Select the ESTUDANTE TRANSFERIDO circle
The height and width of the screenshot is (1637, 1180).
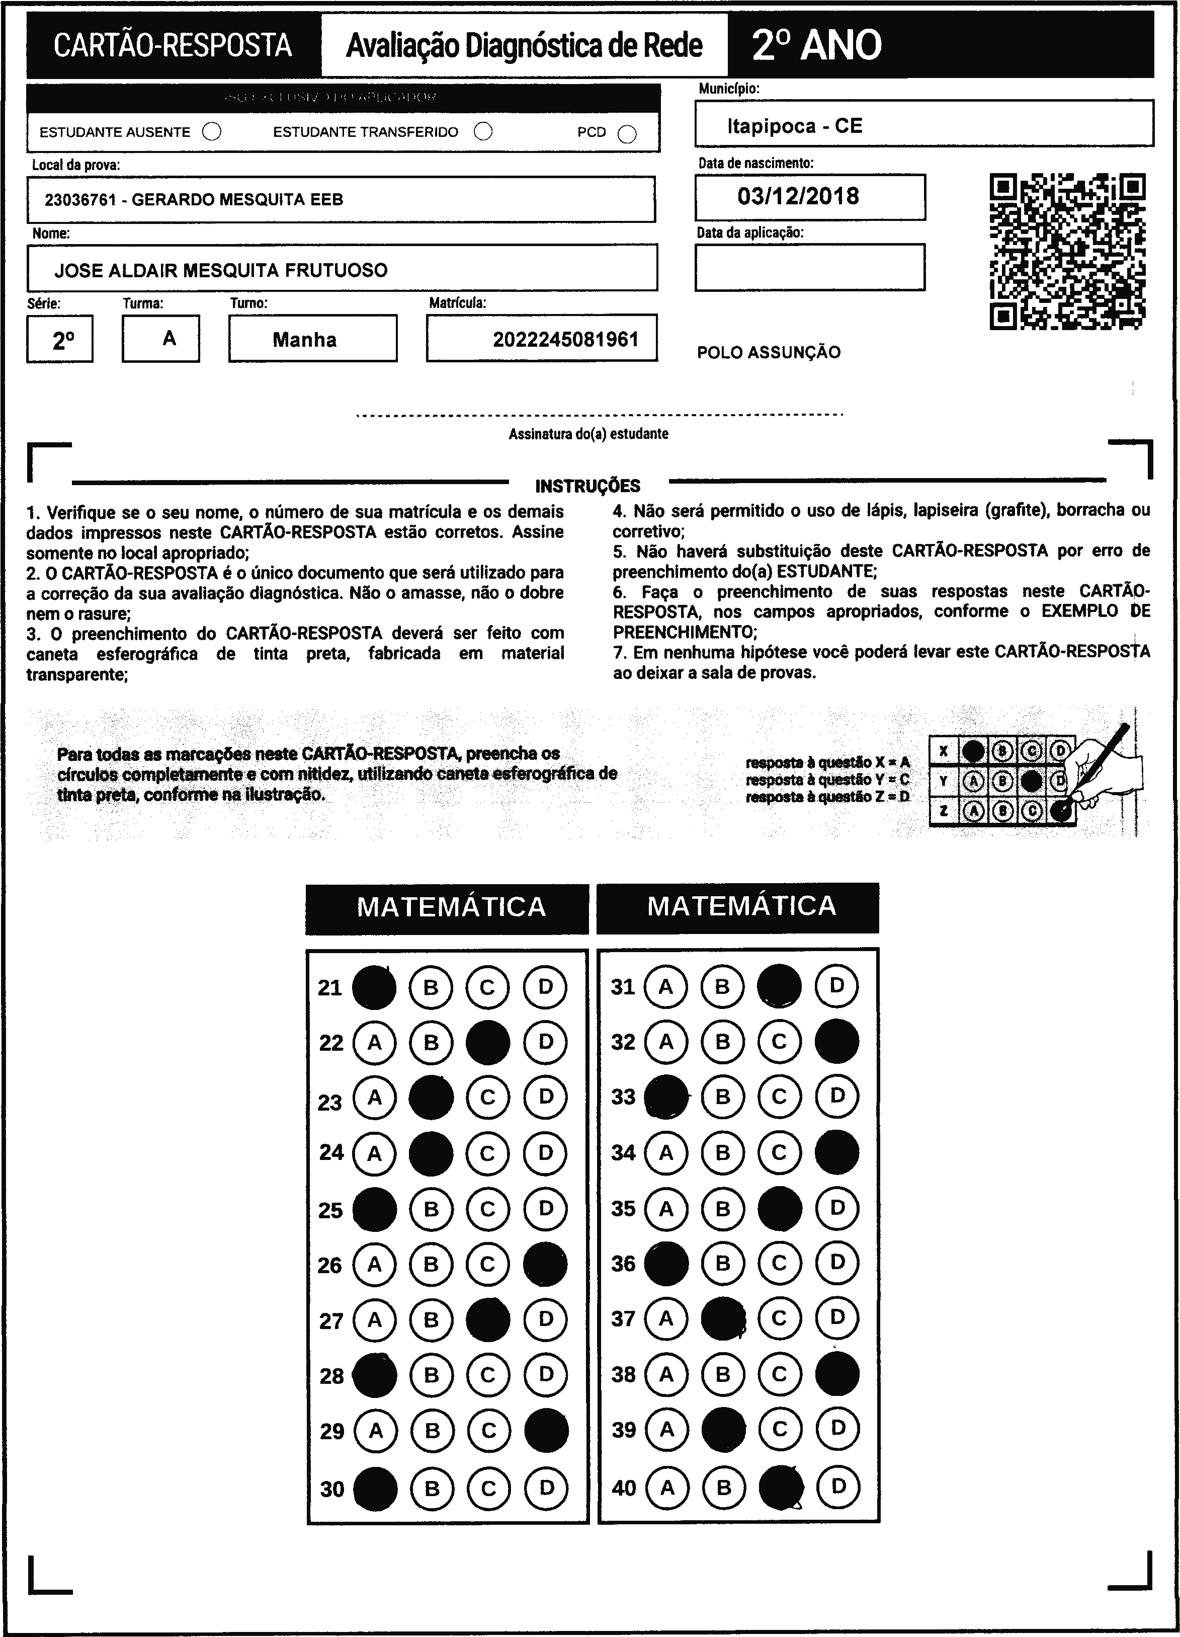click(x=483, y=131)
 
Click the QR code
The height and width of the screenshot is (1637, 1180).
click(x=1067, y=251)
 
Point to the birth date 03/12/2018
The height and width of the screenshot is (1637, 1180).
click(x=798, y=196)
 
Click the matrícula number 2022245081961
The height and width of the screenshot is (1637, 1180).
click(x=565, y=339)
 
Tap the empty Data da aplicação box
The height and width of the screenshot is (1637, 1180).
click(x=809, y=267)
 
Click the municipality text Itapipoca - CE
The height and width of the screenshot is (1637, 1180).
click(x=794, y=126)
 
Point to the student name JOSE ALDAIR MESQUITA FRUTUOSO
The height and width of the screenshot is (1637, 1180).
click(x=221, y=271)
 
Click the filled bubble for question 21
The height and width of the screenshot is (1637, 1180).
click(x=374, y=987)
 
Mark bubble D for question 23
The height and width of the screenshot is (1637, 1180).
click(x=545, y=1097)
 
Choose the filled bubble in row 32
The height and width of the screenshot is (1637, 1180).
click(x=836, y=1042)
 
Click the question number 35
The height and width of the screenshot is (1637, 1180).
click(x=623, y=1209)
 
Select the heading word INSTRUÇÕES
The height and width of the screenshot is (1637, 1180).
click(x=588, y=486)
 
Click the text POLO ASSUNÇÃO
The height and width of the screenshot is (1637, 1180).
click(x=768, y=353)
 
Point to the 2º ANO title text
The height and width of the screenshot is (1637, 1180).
click(x=816, y=45)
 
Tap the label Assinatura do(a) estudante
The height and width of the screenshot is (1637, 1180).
click(x=588, y=434)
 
